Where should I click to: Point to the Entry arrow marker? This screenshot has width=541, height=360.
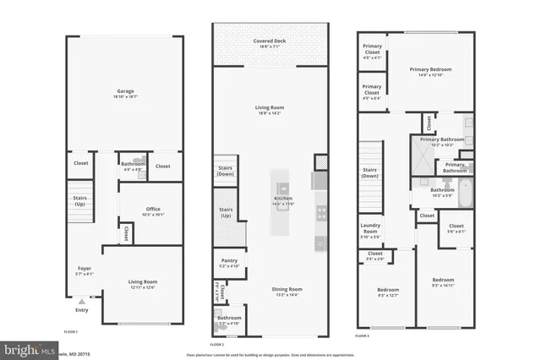(x=80, y=301)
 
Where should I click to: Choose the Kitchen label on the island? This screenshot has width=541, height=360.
(x=281, y=199)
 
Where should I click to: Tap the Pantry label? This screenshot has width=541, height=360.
(x=229, y=263)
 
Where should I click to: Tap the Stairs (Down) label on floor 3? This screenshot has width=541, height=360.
(x=369, y=172)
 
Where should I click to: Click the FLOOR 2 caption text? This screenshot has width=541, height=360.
(x=217, y=344)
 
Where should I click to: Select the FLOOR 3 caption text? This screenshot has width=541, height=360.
(x=363, y=336)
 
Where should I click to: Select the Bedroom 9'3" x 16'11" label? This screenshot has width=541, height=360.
(x=444, y=282)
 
